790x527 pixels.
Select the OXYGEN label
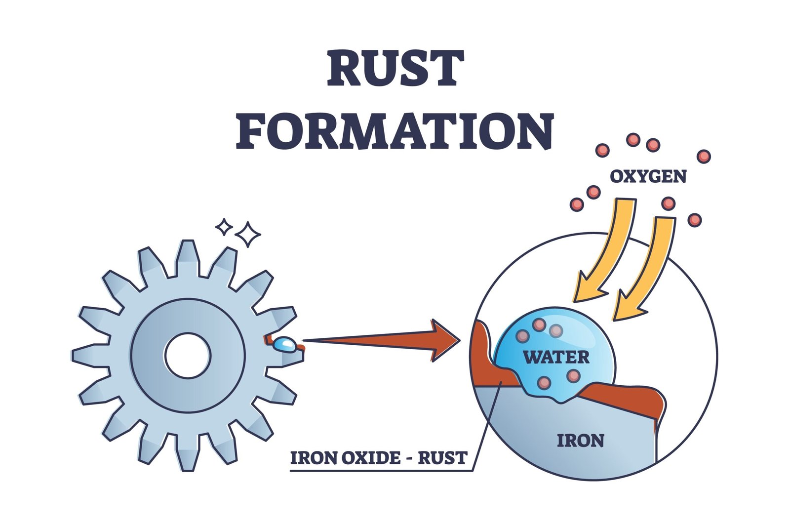pos(648,176)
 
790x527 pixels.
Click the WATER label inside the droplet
pos(556,357)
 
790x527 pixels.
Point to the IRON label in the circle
pos(580,440)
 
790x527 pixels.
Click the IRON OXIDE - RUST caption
pos(378,458)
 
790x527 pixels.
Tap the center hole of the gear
pos(188,356)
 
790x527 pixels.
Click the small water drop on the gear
pos(285,344)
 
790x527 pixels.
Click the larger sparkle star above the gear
pos(247,234)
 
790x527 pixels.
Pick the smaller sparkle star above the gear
pos(224,227)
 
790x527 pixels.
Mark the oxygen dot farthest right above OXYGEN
pos(704,157)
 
